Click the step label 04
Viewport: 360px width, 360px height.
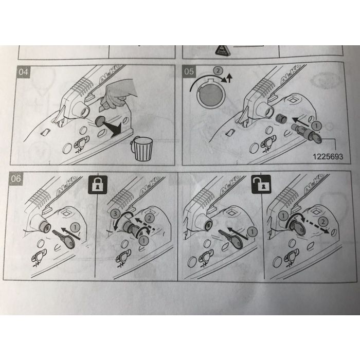pos(23,72)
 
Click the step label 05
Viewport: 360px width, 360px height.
pos(189,71)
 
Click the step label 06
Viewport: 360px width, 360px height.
pos(16,178)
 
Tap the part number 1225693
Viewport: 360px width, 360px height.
pos(328,157)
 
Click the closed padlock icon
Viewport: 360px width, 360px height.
pos(98,185)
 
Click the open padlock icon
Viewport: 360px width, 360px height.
pos(261,184)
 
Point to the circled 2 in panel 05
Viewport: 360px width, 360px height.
pos(218,70)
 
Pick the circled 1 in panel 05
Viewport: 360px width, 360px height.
pos(316,125)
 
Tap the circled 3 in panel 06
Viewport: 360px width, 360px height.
pos(115,214)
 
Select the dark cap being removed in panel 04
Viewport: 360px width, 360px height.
pos(100,121)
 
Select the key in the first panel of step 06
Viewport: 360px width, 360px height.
pos(64,239)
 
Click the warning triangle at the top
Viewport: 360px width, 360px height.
pos(223,50)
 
